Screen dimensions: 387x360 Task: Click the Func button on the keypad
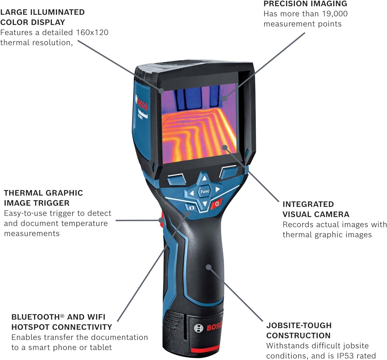(x=205, y=192)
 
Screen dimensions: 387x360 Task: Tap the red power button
(x=216, y=204)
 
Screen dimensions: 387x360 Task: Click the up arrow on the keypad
(x=204, y=178)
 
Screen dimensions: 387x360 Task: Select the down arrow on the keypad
(x=205, y=203)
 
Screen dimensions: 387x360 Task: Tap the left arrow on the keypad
(x=192, y=193)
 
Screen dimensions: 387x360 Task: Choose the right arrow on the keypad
(x=217, y=189)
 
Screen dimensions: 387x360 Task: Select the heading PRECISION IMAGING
(x=305, y=4)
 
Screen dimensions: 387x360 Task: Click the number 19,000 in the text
(x=335, y=14)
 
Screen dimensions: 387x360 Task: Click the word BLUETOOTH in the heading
(x=36, y=317)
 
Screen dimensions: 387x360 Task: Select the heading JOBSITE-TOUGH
(x=299, y=325)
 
